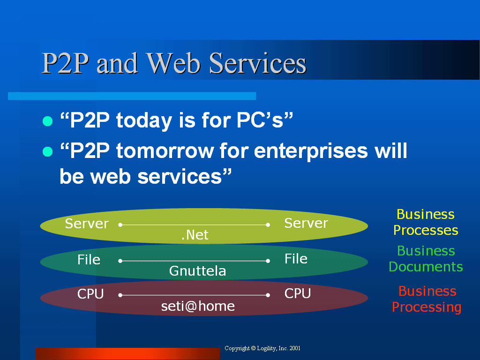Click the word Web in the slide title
(x=173, y=63)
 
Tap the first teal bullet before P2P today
(x=47, y=121)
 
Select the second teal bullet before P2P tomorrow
(x=47, y=151)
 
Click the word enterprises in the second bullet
(x=311, y=152)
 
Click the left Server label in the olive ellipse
(x=87, y=224)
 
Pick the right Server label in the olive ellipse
(x=306, y=223)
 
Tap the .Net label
(x=195, y=235)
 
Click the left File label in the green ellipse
(x=89, y=260)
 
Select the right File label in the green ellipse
(x=296, y=259)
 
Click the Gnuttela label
(x=197, y=271)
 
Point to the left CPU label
(x=90, y=294)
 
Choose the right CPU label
(x=298, y=293)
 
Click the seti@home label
(x=198, y=306)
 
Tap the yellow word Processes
(x=426, y=230)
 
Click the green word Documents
(x=426, y=267)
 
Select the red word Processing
(x=427, y=307)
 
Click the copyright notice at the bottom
(x=262, y=348)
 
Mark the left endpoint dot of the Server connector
(x=120, y=225)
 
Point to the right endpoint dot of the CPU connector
(x=268, y=295)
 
